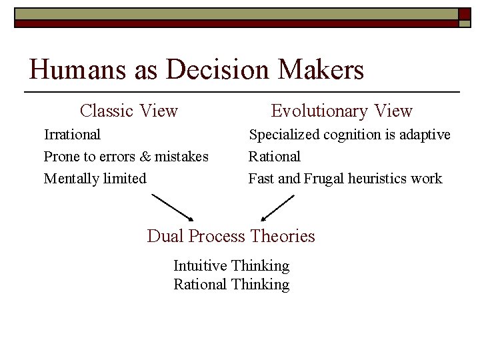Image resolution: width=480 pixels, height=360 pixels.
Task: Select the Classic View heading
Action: [129, 111]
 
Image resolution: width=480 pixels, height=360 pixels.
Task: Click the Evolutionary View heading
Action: [341, 111]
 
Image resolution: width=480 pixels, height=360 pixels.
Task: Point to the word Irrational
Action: [72, 135]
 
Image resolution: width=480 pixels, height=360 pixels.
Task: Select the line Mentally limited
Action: [95, 179]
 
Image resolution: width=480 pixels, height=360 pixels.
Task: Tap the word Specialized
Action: [284, 135]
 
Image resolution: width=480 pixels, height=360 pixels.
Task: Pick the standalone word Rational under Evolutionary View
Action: [274, 157]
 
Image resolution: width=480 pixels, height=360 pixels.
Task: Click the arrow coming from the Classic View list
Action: [173, 207]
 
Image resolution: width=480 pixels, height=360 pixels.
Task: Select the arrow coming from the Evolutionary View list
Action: [277, 207]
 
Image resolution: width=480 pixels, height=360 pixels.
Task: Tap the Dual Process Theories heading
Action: [231, 236]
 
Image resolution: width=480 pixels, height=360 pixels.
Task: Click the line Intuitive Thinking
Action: [231, 266]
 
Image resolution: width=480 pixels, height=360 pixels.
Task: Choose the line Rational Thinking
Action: [231, 285]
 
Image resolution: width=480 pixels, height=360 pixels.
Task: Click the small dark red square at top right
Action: [464, 14]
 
